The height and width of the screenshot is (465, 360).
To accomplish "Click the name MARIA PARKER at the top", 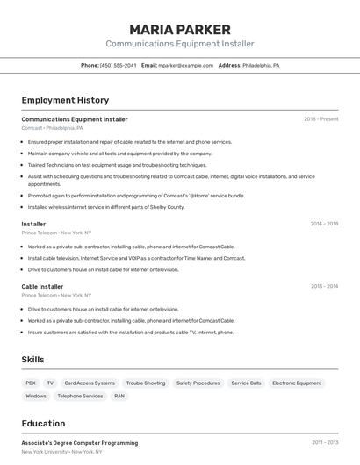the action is point(180,29).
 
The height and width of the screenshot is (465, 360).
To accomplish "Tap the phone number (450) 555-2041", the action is point(118,65).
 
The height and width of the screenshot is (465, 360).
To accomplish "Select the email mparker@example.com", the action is point(185,65).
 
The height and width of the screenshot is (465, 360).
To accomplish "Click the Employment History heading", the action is point(65,100).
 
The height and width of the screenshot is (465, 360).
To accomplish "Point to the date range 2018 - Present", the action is point(320,119).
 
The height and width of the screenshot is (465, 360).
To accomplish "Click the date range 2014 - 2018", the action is point(324,224).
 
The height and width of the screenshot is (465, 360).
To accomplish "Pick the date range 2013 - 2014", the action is point(324,286).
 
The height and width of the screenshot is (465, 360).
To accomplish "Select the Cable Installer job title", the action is point(42,286).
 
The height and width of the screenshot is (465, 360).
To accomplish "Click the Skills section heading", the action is point(32,360).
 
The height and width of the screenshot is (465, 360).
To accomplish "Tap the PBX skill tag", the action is point(31,383).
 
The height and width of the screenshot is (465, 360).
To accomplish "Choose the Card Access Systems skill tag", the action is point(90,383).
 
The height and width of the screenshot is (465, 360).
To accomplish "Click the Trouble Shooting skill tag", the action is point(145,383).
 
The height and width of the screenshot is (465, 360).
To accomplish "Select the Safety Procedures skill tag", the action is point(198,383).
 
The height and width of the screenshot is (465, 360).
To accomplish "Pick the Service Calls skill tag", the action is point(246,383).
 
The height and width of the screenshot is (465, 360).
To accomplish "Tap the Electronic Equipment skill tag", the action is point(297,383).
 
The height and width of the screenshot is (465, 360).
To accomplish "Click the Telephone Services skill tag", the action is point(80,396).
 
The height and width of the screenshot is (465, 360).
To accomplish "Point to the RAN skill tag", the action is point(119,396).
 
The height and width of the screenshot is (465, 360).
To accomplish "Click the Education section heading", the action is point(43,423).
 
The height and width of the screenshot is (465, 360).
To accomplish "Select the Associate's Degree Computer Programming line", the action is point(79,442).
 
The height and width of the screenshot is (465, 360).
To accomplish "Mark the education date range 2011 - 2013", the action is point(324,442).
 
